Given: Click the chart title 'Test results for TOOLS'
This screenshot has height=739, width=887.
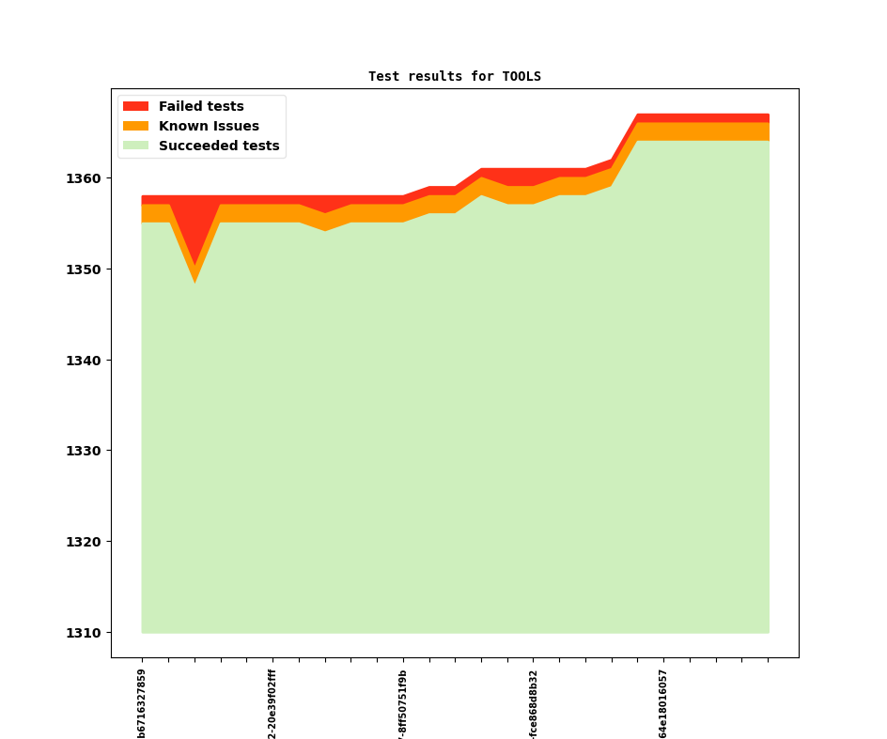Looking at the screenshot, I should [454, 76].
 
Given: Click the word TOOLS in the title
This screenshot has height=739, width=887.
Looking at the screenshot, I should [521, 76].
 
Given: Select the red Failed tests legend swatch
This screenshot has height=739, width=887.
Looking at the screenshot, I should [135, 106].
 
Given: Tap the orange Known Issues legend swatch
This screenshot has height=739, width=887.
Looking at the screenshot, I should [135, 126].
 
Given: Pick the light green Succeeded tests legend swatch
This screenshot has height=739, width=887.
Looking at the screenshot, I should [135, 146].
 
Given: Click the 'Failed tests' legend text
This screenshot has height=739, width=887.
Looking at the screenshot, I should [201, 106].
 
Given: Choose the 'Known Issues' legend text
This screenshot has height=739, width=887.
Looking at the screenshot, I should [209, 126].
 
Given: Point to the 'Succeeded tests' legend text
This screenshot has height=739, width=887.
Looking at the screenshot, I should [219, 146].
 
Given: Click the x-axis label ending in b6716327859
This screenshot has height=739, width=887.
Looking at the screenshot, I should [142, 703].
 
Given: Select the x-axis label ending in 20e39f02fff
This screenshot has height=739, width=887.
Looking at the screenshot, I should [272, 703].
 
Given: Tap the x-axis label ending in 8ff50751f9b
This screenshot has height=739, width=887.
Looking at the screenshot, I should [403, 703].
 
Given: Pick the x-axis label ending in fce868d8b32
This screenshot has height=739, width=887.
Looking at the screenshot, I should [534, 703].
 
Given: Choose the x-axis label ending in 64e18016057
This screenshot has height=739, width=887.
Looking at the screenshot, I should [663, 703].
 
